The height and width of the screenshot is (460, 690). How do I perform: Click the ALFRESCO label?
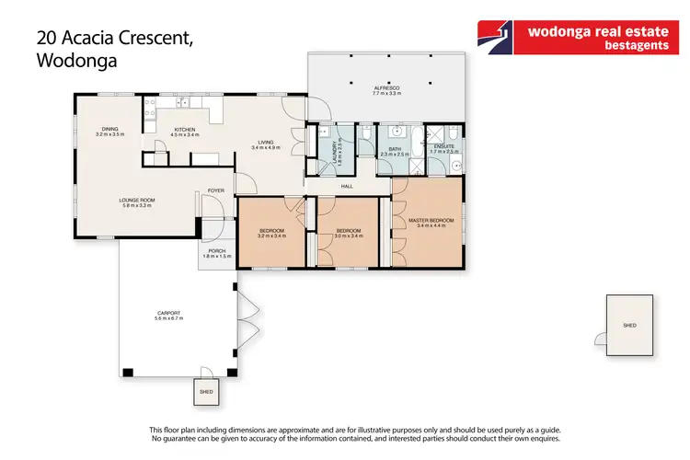point(386,88)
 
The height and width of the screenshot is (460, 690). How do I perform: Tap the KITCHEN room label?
point(185,130)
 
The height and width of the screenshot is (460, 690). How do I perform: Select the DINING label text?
point(109,130)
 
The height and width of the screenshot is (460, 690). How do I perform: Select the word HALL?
point(347,187)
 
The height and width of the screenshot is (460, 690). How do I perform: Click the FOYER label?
point(215,190)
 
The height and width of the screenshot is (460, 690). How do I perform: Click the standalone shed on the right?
point(629,325)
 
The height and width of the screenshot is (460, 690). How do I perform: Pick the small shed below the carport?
point(206,391)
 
